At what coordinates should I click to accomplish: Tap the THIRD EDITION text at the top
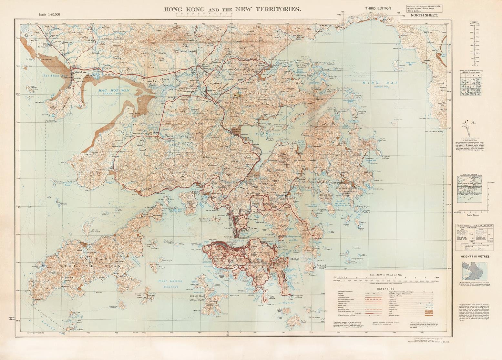click(378, 9)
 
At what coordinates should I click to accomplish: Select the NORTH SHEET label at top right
click(424, 15)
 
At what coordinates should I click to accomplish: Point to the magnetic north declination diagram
click(468, 129)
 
